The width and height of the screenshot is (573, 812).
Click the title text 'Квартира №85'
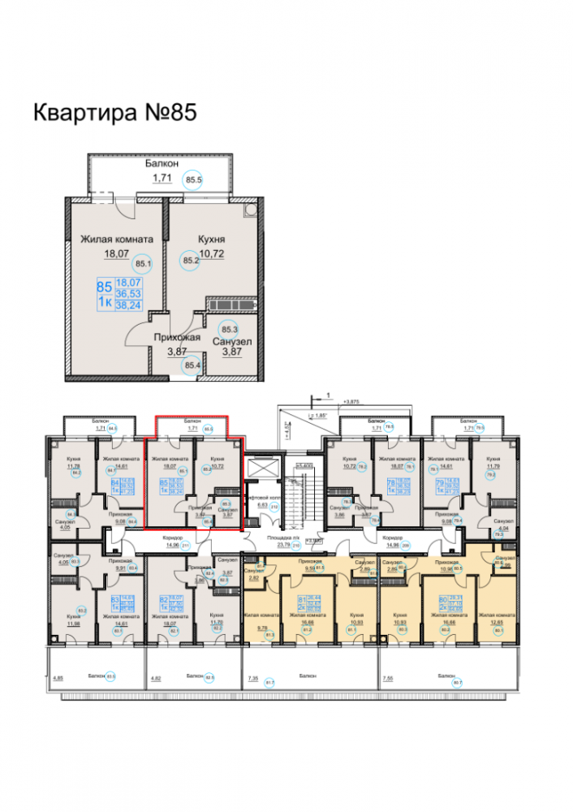(x=114, y=112)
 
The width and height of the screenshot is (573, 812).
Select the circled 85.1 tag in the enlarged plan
(x=144, y=263)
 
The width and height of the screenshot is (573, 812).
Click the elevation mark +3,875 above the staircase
(x=351, y=401)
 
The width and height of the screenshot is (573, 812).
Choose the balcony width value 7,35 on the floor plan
(x=252, y=676)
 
